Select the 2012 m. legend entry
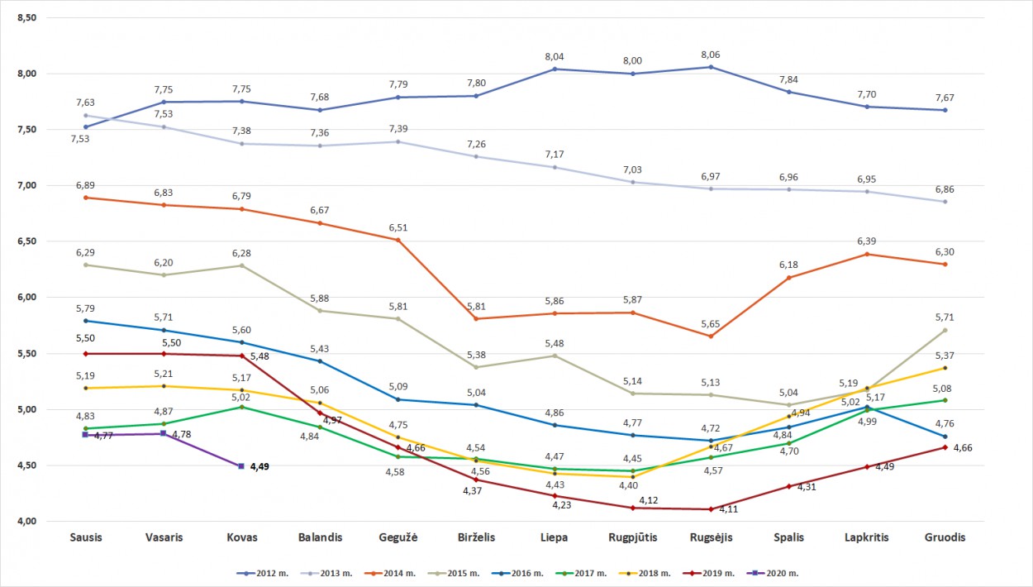click(x=260, y=572)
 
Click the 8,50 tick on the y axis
click(x=27, y=17)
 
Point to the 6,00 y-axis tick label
click(x=27, y=298)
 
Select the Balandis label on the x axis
click(x=320, y=537)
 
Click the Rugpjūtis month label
click(x=632, y=537)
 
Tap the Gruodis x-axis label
click(x=945, y=537)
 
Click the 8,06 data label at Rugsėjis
click(x=710, y=55)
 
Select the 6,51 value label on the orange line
click(x=398, y=227)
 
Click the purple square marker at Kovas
click(x=241, y=466)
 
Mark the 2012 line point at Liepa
click(x=555, y=69)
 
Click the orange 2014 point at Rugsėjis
click(x=710, y=336)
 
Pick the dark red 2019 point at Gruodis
click(x=945, y=447)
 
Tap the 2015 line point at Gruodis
click(x=945, y=330)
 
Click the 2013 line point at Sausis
click(x=86, y=116)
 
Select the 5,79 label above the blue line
click(x=86, y=308)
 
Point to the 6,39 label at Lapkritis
click(x=866, y=241)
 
